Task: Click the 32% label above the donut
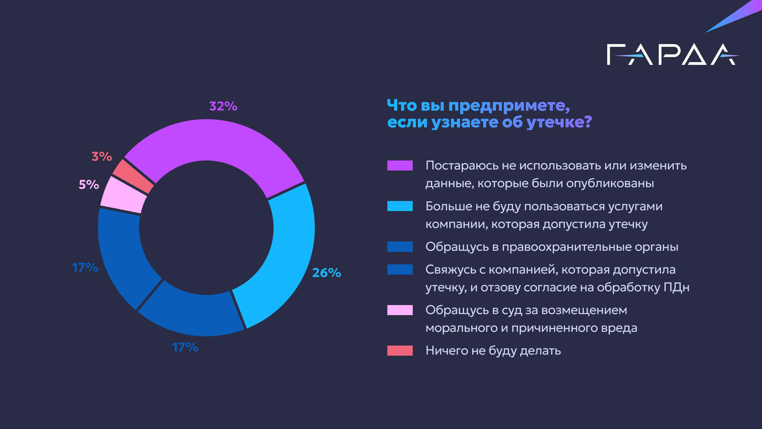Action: (x=223, y=106)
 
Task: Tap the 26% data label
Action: (x=326, y=273)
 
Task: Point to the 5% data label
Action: (x=89, y=185)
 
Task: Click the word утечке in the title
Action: (x=559, y=122)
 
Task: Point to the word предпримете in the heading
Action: (x=509, y=105)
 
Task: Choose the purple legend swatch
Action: (x=400, y=166)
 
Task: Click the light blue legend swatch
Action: (x=400, y=206)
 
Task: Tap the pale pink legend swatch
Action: (x=400, y=310)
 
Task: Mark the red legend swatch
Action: (x=400, y=351)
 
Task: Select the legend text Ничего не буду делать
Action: (x=493, y=351)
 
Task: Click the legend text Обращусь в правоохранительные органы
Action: (x=552, y=247)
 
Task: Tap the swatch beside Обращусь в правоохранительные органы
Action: (x=400, y=247)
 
